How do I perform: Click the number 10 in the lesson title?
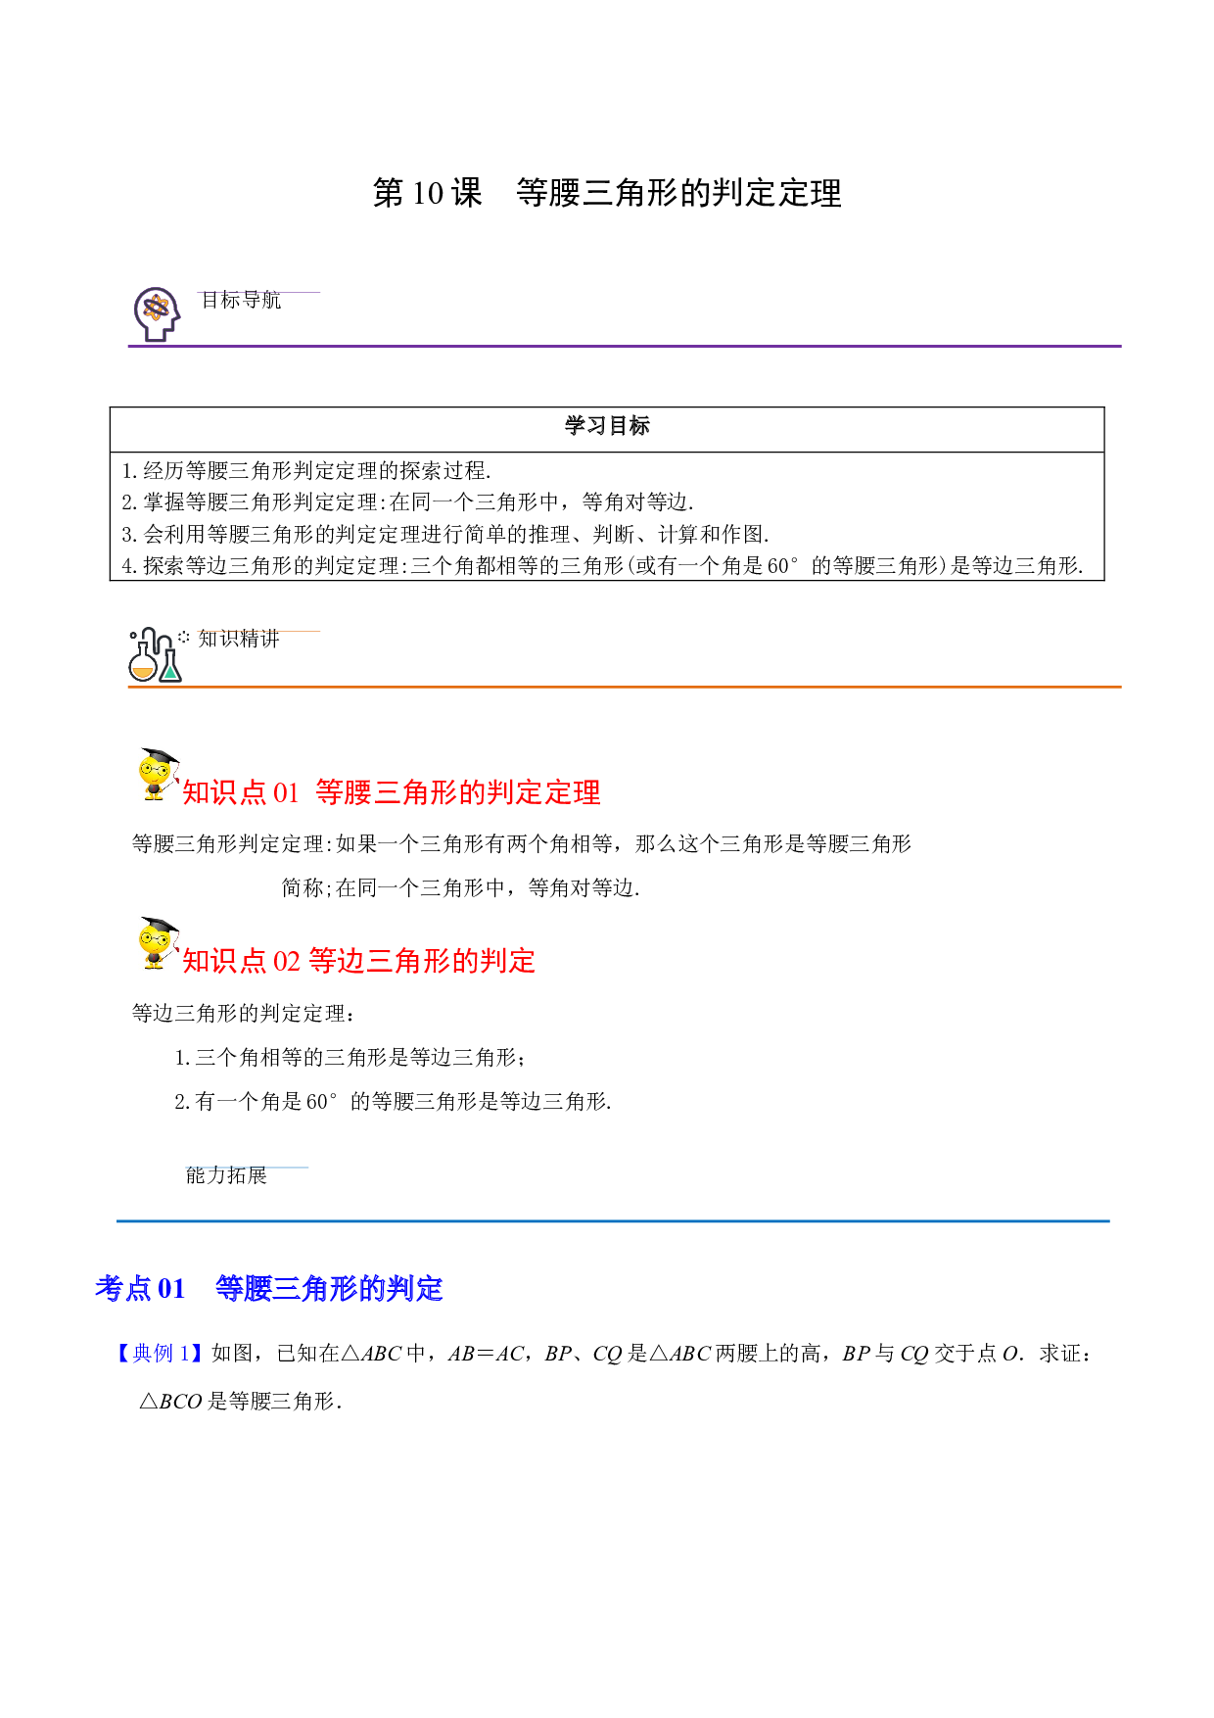coord(429,193)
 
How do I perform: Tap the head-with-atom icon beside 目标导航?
coord(157,314)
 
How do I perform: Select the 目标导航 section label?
coord(241,300)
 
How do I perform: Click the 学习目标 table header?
coord(607,426)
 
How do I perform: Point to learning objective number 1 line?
coord(306,470)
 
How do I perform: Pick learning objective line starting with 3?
coord(445,534)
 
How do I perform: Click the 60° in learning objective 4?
coord(783,565)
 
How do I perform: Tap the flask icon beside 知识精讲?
coord(156,654)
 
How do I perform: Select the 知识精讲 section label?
coord(239,639)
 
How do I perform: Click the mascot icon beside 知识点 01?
coord(158,775)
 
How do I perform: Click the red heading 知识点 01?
coord(392,792)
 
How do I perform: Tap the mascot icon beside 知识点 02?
coord(158,943)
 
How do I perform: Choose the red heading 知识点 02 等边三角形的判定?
coord(359,961)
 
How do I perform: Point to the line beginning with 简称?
coord(460,887)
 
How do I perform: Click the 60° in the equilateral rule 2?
coord(322,1101)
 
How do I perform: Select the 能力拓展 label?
coord(226,1175)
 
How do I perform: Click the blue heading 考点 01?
coord(269,1288)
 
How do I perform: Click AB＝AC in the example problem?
coord(487,1354)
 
